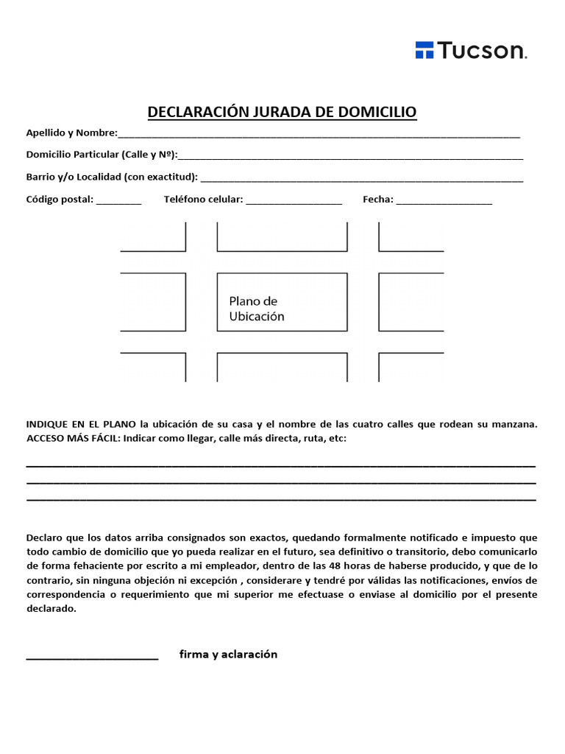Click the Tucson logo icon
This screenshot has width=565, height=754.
(424, 50)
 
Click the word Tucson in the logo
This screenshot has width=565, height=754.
(482, 50)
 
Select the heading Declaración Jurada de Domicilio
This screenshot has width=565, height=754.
(282, 112)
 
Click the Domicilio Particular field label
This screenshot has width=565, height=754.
(102, 155)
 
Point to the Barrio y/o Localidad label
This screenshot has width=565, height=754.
(112, 177)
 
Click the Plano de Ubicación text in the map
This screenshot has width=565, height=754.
(256, 309)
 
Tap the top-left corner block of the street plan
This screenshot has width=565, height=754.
(153, 236)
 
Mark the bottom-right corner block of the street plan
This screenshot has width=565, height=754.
(411, 367)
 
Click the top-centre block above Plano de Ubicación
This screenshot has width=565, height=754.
(282, 236)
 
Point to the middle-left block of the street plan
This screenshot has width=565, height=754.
(153, 302)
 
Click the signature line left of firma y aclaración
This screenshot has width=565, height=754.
(92, 658)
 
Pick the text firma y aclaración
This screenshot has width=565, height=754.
(228, 654)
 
